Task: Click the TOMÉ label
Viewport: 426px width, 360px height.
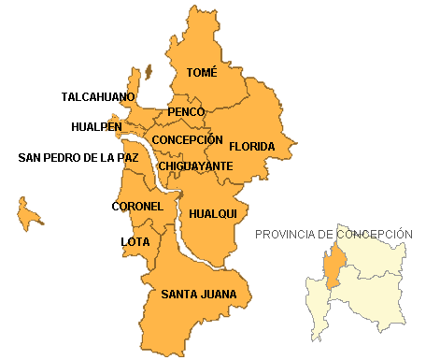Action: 202,72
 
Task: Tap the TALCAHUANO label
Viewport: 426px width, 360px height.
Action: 98,96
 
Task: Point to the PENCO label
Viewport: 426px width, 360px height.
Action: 186,112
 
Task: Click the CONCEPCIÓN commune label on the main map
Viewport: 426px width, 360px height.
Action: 188,139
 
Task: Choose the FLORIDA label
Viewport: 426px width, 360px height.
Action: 252,147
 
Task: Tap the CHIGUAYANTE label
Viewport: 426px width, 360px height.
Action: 195,166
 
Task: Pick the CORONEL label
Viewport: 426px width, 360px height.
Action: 137,206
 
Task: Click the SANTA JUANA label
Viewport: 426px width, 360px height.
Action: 199,295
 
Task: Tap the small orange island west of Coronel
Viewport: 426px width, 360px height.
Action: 29,215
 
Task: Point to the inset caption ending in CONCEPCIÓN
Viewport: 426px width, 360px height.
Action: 355,234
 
